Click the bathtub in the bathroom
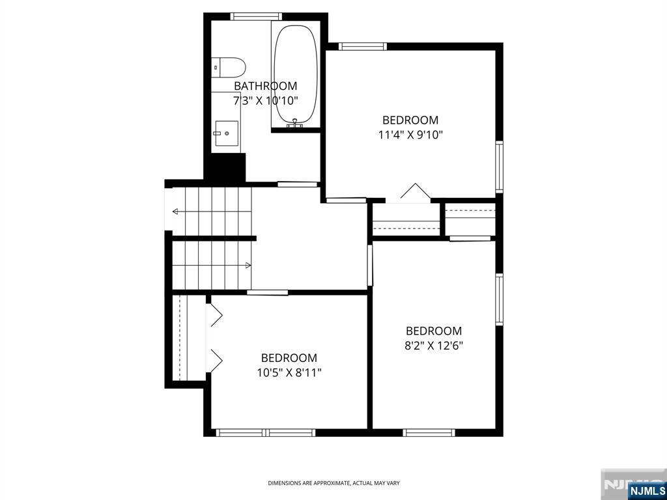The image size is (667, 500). (296, 74)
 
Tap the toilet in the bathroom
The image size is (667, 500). (229, 67)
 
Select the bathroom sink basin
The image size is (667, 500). (226, 133)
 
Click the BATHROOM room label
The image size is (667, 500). (266, 86)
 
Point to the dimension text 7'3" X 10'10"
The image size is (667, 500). (266, 101)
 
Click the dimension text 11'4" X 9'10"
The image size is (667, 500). (410, 135)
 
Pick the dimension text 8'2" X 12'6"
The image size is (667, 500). (433, 346)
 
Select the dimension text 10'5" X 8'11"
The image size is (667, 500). (289, 373)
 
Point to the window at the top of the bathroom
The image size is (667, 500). (256, 16)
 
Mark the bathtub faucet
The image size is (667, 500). (295, 124)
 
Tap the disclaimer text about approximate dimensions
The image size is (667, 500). (333, 483)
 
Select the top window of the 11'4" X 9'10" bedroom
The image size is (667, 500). (362, 46)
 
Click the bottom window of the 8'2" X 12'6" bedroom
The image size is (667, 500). (429, 433)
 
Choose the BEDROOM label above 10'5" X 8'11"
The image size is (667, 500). (289, 358)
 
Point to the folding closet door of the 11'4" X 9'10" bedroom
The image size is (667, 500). (416, 191)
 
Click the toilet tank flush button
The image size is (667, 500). (216, 67)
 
